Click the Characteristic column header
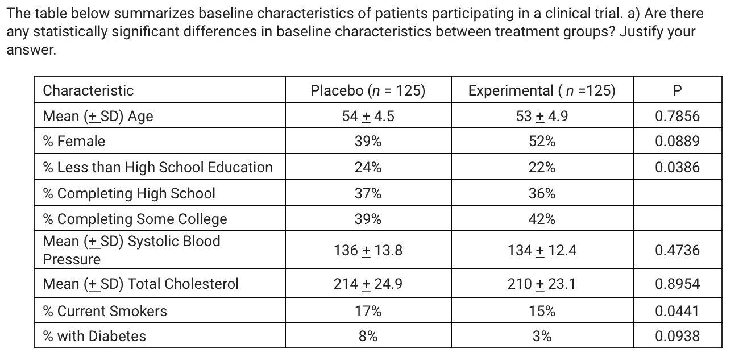(88, 90)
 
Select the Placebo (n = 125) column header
(368, 90)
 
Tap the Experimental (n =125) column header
(541, 90)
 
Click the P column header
(676, 90)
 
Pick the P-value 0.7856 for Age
(676, 117)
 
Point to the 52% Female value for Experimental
(541, 142)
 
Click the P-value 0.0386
(676, 167)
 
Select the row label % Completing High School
(129, 193)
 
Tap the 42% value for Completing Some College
(541, 219)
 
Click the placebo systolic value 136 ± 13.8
(368, 250)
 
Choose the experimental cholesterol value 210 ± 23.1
(541, 284)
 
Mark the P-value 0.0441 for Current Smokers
(676, 311)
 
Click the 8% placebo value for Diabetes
(368, 336)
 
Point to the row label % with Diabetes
(94, 336)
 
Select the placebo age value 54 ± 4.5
(368, 117)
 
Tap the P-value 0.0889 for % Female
(676, 142)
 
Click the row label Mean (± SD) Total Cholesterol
(140, 284)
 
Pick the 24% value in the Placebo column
(368, 167)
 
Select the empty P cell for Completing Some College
(676, 219)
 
